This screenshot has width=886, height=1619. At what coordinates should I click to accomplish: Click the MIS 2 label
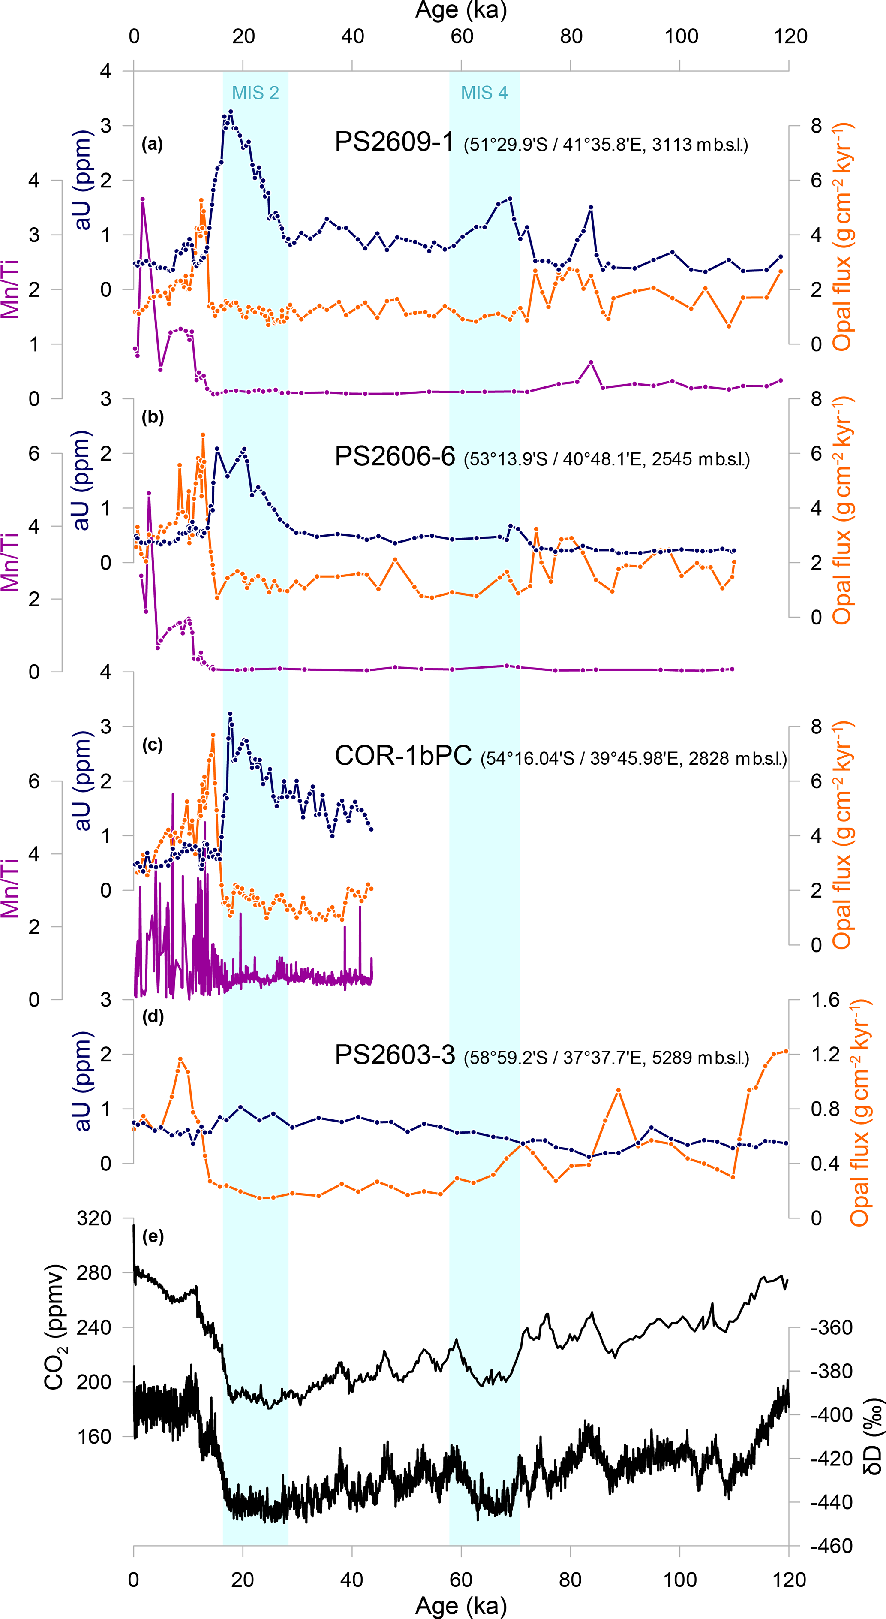click(x=255, y=93)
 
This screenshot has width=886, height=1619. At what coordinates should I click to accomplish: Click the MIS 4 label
click(x=484, y=93)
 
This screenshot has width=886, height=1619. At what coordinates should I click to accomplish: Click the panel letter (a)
click(x=152, y=145)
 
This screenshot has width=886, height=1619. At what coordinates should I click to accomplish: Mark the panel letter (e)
click(x=153, y=1236)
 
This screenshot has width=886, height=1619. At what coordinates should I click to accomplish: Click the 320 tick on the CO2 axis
click(x=94, y=1218)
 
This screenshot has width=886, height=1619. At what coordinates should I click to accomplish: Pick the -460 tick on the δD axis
click(x=831, y=1546)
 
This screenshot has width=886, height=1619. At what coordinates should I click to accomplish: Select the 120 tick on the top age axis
click(x=790, y=36)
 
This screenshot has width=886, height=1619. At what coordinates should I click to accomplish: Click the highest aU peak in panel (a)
click(x=231, y=112)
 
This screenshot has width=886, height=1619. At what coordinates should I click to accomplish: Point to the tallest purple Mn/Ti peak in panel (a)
click(x=143, y=199)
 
